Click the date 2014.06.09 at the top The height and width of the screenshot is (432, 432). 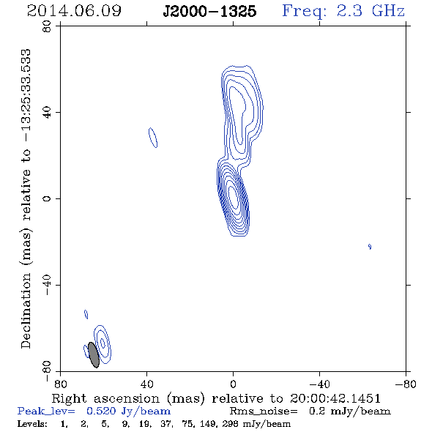(x=74, y=11)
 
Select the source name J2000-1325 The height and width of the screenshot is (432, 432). (x=209, y=12)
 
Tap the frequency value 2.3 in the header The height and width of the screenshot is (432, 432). (x=349, y=11)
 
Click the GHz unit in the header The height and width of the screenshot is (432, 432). (x=388, y=11)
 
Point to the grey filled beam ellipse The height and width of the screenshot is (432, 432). (x=94, y=355)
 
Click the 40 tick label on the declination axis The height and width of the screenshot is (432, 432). (x=47, y=113)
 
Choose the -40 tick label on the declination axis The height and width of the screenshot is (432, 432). (x=47, y=285)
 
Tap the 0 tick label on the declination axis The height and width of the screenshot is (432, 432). (x=47, y=198)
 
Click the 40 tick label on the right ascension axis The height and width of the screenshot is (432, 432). (x=146, y=384)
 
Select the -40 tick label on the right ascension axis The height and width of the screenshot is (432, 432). (x=319, y=384)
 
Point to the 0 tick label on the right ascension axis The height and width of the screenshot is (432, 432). (x=233, y=384)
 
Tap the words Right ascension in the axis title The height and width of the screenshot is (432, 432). (x=105, y=398)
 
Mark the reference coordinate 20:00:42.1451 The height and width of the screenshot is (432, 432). (x=335, y=398)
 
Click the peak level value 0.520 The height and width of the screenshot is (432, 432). (x=101, y=411)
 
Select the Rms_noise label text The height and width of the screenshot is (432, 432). (x=264, y=411)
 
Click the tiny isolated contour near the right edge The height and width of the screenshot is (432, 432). (x=370, y=247)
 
